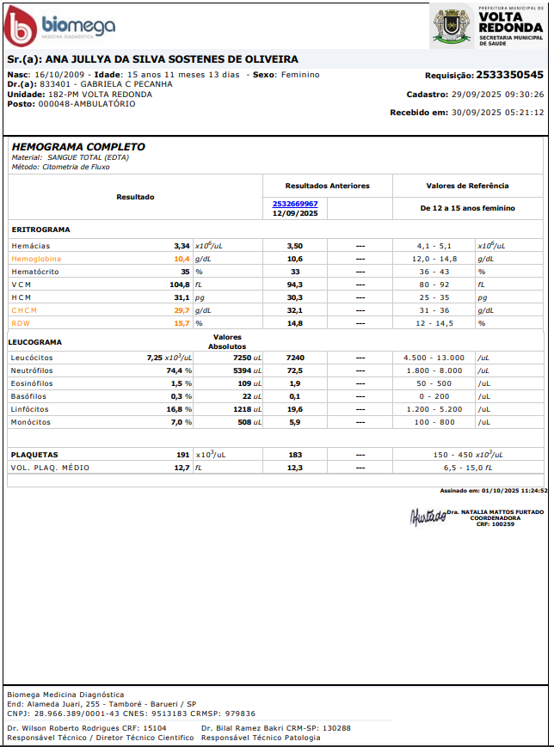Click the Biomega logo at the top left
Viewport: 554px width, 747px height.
point(58,28)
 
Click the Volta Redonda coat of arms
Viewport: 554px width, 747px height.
point(451,27)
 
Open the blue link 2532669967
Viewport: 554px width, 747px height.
point(295,203)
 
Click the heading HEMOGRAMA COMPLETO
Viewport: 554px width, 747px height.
point(78,147)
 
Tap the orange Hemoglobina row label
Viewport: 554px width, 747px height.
point(36,259)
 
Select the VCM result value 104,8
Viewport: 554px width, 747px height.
point(179,285)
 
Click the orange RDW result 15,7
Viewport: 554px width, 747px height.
point(182,323)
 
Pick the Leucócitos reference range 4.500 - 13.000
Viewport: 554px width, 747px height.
point(434,358)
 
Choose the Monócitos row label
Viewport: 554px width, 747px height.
point(32,422)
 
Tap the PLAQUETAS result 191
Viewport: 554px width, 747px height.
point(182,455)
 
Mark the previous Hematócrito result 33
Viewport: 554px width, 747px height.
point(295,272)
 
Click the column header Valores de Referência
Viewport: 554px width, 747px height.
point(467,186)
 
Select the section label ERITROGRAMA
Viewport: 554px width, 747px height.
point(41,230)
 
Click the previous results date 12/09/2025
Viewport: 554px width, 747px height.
point(295,213)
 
